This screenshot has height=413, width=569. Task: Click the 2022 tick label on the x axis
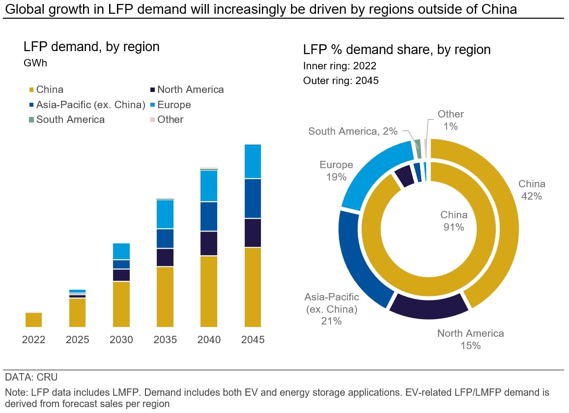tap(33, 340)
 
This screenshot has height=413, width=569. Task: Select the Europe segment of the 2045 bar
tap(253, 161)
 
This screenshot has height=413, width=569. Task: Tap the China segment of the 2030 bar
tap(121, 304)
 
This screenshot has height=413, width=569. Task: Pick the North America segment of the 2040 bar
tap(209, 243)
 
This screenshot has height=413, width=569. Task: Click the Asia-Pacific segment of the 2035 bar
tap(165, 238)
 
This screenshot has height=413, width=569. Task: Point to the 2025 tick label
tap(77, 340)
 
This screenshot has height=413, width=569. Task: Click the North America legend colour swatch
tap(153, 90)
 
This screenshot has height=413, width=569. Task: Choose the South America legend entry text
tap(70, 119)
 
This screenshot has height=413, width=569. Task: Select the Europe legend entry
tap(174, 105)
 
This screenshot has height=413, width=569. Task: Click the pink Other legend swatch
tap(153, 119)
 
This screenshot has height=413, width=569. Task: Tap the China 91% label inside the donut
tap(454, 221)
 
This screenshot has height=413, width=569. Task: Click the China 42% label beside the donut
tap(532, 190)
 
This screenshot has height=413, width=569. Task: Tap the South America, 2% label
tap(353, 131)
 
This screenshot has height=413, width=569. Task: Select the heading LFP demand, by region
tap(91, 47)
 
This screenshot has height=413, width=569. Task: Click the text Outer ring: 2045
tap(341, 81)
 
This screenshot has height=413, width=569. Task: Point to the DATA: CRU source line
tap(31, 378)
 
